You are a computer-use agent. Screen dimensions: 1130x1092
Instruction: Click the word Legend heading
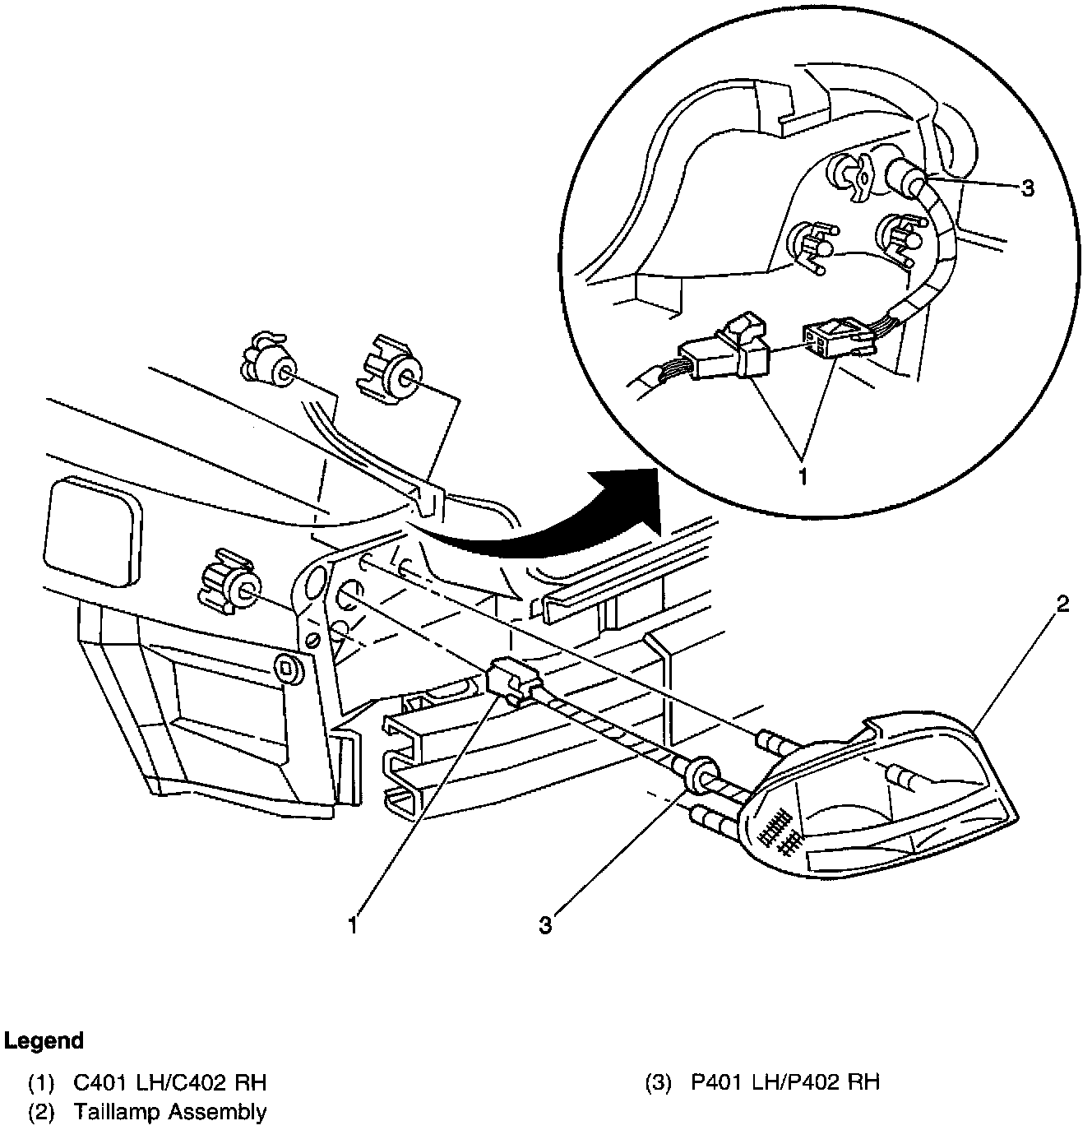[x=44, y=1040]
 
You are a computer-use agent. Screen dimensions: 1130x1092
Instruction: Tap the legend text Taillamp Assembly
[x=169, y=1112]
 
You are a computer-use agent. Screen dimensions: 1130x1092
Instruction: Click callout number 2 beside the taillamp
[x=1062, y=604]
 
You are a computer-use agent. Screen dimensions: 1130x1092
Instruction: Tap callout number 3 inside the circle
[x=1027, y=188]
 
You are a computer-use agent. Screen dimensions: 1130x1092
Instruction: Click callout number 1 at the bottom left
[x=353, y=925]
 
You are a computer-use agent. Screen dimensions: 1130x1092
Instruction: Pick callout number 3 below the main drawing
[x=545, y=925]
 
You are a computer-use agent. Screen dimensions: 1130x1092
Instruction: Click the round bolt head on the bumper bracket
[x=288, y=668]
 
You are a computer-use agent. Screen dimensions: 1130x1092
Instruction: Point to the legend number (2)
[x=41, y=1113]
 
